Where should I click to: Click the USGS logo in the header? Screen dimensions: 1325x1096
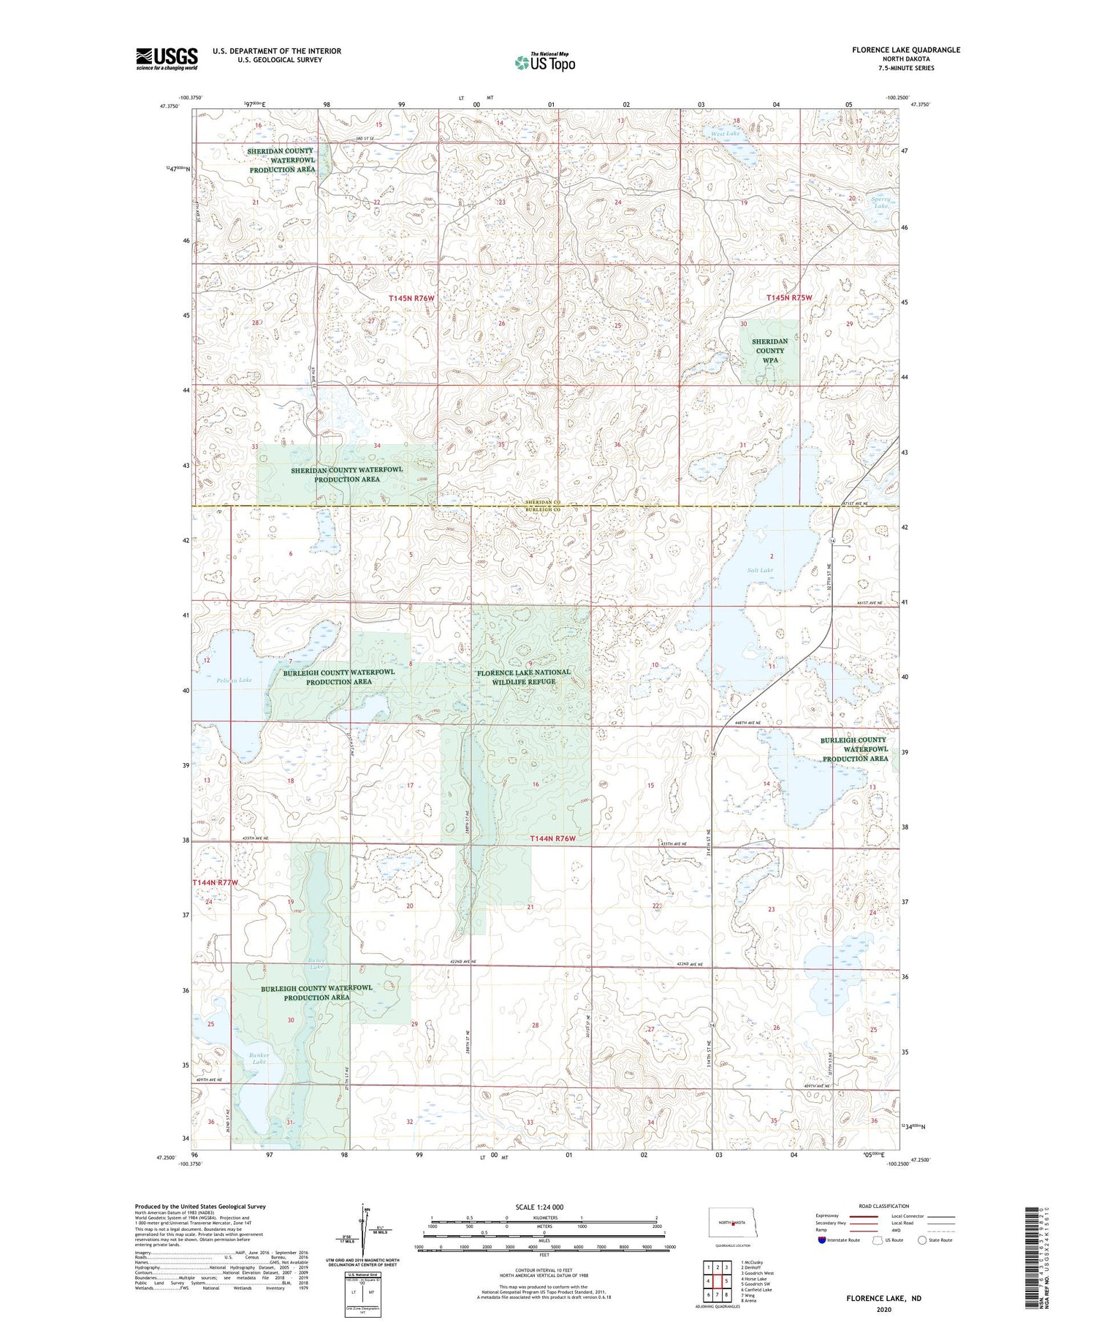[x=167, y=58]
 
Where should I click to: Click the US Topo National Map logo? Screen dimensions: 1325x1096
[x=544, y=62]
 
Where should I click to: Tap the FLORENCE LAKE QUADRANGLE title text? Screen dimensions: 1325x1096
[x=905, y=50]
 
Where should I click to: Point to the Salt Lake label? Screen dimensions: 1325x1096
[x=760, y=570]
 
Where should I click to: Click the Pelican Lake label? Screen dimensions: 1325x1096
[x=234, y=680]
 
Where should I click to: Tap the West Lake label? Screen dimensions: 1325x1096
[x=726, y=134]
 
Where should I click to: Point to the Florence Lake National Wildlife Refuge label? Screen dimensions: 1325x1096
[x=523, y=677]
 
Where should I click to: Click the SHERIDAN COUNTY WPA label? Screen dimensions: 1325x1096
[x=769, y=351]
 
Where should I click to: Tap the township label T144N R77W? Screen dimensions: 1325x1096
[x=216, y=883]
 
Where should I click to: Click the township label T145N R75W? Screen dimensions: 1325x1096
[x=789, y=297]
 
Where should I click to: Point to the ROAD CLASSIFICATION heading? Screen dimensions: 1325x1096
[x=884, y=1206]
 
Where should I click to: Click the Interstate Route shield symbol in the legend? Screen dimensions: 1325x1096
[x=822, y=1239]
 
